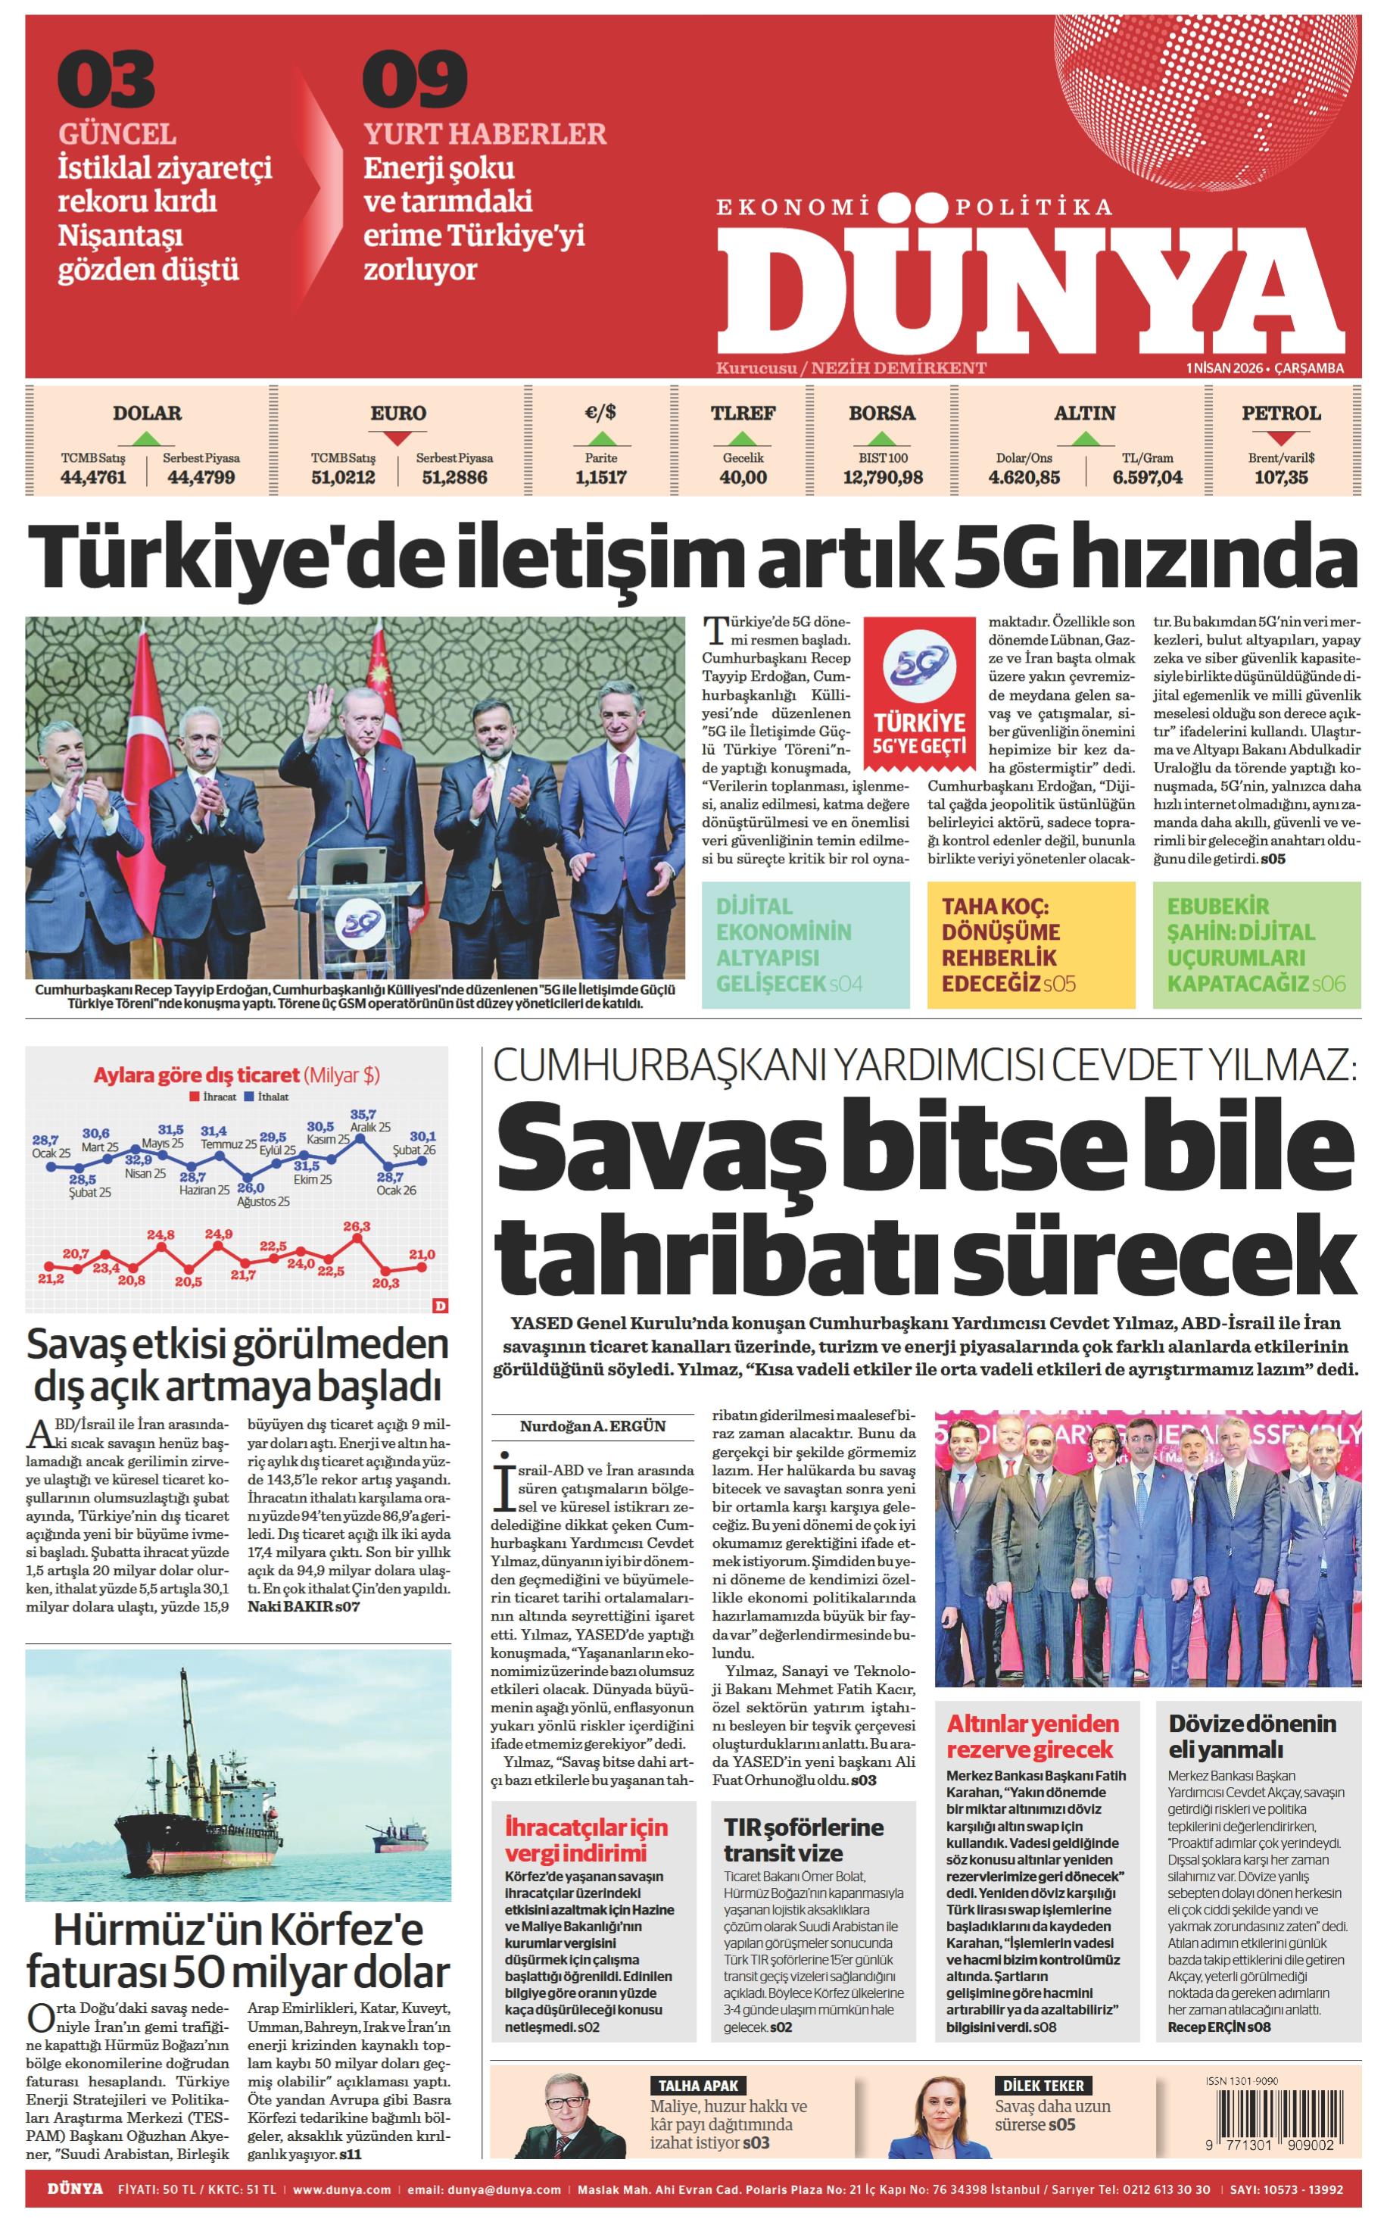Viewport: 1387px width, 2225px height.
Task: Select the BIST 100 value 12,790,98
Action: (x=883, y=477)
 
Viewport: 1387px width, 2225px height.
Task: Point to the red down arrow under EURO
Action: (x=397, y=438)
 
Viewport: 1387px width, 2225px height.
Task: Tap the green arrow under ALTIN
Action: (x=1085, y=438)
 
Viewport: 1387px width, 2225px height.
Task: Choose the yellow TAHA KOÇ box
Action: (x=1030, y=944)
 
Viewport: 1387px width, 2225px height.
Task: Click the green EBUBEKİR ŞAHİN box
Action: (x=1256, y=944)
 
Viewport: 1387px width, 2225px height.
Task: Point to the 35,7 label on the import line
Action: (x=363, y=1114)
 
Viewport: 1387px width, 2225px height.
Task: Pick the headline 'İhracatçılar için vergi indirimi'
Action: (x=586, y=1839)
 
